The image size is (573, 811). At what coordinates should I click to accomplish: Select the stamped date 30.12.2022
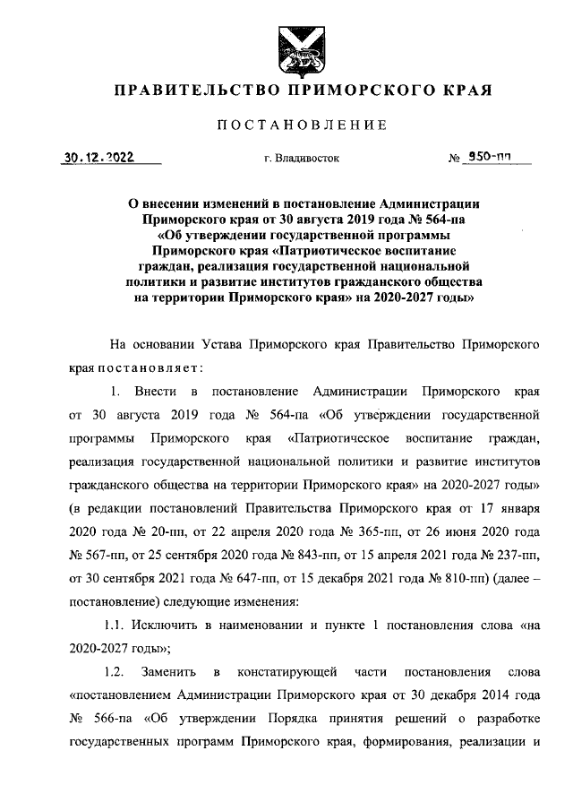(98, 157)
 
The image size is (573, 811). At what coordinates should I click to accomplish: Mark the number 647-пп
(235, 577)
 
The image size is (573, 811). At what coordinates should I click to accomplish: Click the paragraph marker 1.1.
(117, 624)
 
